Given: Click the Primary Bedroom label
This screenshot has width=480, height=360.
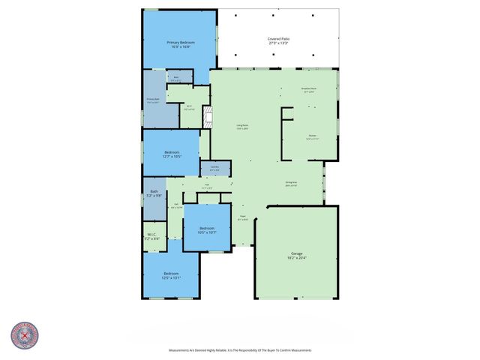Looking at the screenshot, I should tap(181, 43).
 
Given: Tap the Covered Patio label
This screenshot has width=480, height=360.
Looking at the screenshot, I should tap(279, 39).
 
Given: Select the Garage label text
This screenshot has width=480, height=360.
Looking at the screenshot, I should tap(296, 254).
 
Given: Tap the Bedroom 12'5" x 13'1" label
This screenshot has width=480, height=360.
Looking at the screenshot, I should tap(172, 275).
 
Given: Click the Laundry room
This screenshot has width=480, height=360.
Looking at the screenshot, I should tap(214, 169).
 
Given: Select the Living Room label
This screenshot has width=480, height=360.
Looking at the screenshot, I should tap(242, 127).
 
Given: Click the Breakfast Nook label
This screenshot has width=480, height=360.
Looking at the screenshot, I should tap(308, 90).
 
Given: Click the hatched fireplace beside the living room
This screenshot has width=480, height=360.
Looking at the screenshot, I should tap(209, 116).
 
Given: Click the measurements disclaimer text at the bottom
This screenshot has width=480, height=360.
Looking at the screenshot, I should tap(240, 350).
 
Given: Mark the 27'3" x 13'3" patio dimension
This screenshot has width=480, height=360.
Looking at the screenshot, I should tap(279, 43).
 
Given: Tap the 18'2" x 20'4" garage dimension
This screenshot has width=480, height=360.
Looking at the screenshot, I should tap(296, 259).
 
